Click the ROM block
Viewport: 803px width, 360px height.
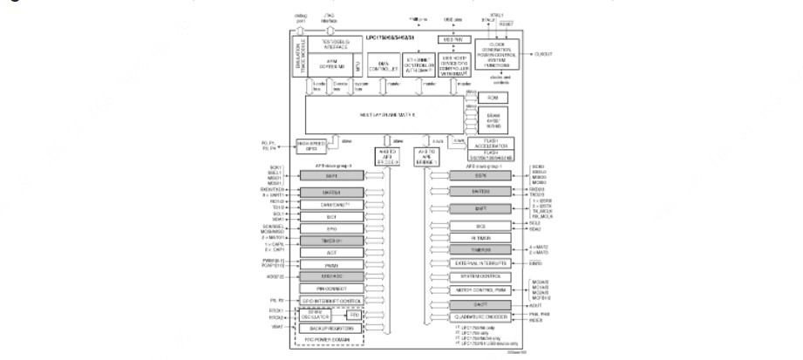(492, 98)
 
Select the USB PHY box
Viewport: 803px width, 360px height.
(452, 41)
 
